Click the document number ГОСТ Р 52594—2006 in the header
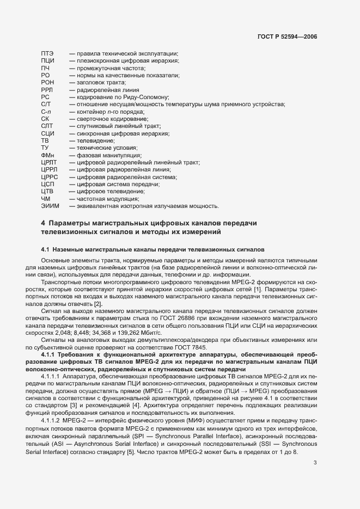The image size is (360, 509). pos(287,38)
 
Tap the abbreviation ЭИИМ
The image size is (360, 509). pos(50,206)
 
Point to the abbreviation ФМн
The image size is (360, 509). pos(48,155)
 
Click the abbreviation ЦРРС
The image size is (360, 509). pos(49,177)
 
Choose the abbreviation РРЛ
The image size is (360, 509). pos(47,89)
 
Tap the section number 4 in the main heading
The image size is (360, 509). pos(43,224)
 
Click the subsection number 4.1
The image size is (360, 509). pos(45,249)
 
